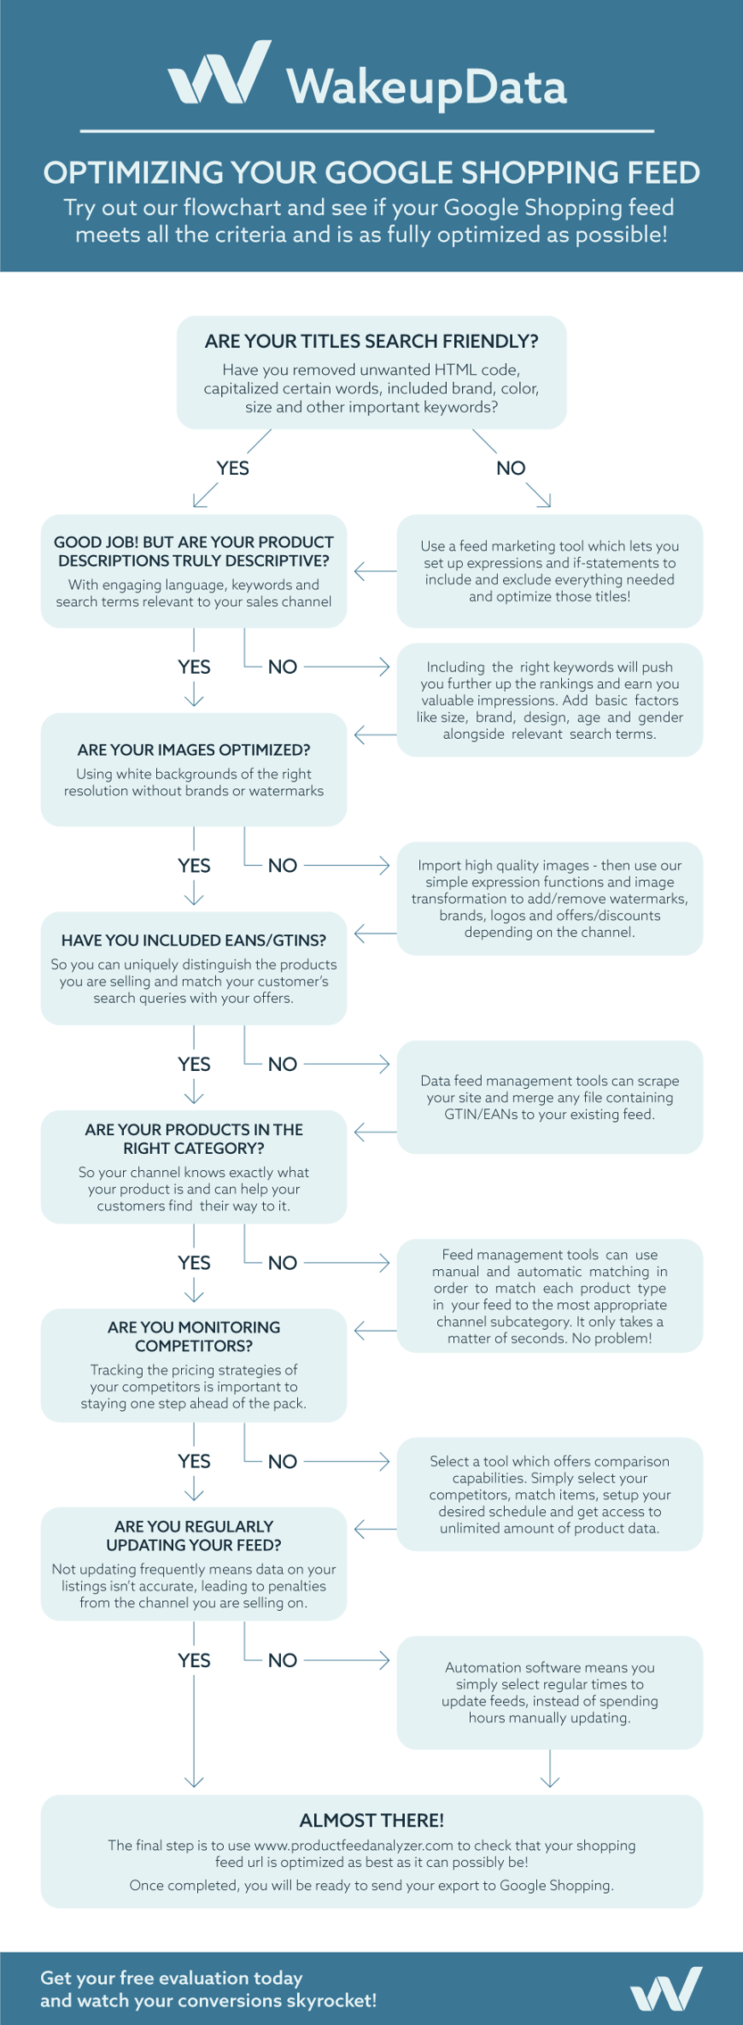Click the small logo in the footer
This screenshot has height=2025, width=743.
point(665,1988)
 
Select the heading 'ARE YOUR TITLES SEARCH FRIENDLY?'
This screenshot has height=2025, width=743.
point(371,341)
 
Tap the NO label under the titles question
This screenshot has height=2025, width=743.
point(511,469)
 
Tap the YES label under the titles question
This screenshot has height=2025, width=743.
point(233,469)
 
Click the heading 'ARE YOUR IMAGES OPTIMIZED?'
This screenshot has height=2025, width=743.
point(194,750)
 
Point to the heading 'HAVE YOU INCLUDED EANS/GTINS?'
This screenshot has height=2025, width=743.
point(194,940)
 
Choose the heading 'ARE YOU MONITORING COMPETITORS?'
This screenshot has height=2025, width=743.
point(194,1336)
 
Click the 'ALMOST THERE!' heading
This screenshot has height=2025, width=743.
point(371,1821)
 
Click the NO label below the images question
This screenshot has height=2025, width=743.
point(283,866)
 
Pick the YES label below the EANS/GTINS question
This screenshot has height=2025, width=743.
point(194,1064)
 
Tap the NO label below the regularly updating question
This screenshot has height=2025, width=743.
point(283,1660)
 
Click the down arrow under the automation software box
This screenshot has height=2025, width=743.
point(550,1768)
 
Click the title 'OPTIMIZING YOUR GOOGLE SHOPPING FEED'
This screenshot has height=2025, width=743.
point(371,172)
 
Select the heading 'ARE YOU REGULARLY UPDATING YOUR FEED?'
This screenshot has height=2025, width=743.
point(194,1535)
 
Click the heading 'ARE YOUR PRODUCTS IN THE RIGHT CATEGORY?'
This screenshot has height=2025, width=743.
point(194,1139)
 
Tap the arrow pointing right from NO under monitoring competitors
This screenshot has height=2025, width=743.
point(347,1461)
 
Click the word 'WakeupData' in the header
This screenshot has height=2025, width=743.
point(426,87)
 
